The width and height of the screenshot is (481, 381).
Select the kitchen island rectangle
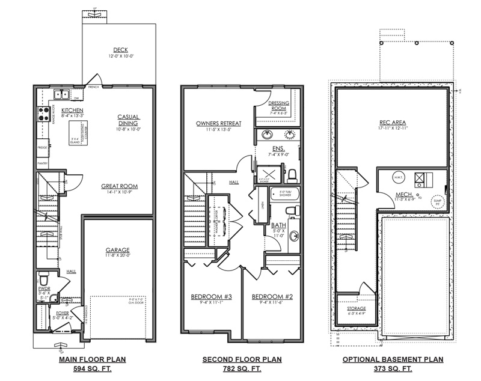[76, 132]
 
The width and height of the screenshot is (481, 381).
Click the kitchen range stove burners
[43, 114]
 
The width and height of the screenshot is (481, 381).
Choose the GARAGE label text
[118, 250]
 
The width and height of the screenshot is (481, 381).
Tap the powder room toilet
[43, 279]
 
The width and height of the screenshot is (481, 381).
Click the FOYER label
[62, 312]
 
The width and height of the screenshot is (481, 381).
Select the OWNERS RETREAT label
[218, 124]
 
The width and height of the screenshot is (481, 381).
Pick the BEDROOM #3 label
[207, 297]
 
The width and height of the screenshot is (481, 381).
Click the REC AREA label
[393, 121]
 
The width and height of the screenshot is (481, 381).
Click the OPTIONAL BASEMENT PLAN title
[393, 359]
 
